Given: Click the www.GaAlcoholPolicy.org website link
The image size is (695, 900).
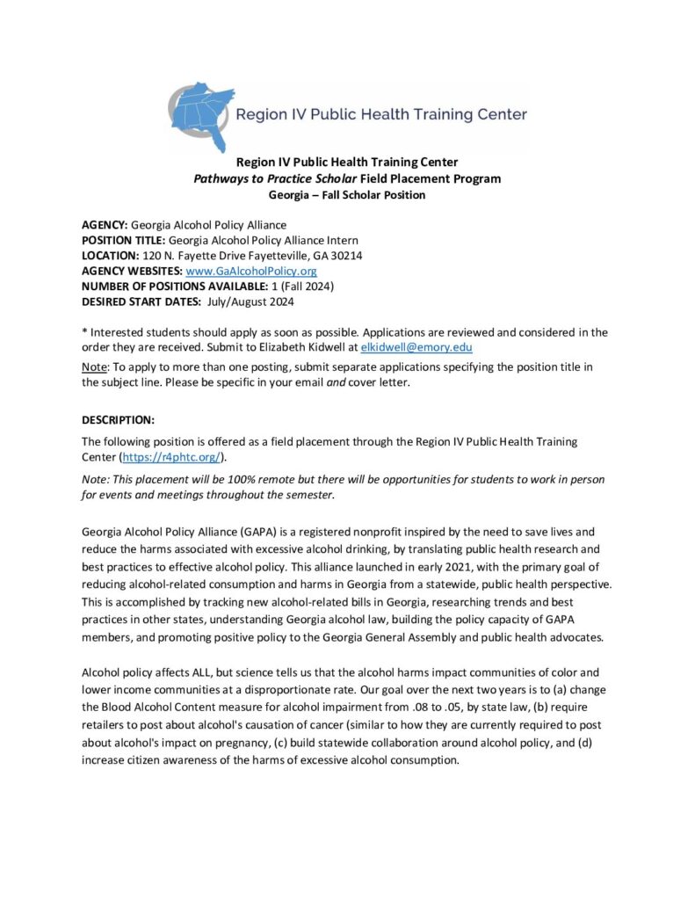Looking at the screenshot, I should click(x=251, y=271).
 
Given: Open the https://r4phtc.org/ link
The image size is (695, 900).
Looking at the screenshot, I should click(x=172, y=456).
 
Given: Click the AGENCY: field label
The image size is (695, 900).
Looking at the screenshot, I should click(x=105, y=225).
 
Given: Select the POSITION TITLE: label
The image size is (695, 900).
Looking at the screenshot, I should click(x=123, y=240).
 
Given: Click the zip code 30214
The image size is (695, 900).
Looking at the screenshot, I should click(x=345, y=255).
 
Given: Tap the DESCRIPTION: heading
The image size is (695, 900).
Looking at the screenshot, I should click(x=118, y=417).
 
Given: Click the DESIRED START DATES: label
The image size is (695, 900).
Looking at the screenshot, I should click(x=142, y=301).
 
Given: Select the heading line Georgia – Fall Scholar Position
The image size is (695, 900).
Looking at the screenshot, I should click(x=347, y=194).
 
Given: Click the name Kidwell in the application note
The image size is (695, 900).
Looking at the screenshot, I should click(x=326, y=347).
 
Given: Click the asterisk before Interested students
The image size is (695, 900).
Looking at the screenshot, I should click(x=84, y=331).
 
